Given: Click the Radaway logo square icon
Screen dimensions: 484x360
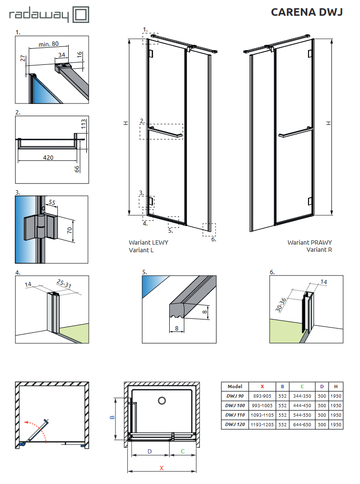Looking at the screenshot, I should (81, 14).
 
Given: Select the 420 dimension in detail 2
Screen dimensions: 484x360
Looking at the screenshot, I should (48, 157).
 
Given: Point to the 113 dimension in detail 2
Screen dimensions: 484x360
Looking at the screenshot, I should (83, 125).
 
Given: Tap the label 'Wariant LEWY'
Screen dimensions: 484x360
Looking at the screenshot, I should (148, 242).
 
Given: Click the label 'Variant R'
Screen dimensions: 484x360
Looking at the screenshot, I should (319, 249).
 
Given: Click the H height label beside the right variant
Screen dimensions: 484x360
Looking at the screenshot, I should (329, 123).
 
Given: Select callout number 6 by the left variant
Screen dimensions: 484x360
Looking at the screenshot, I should (213, 239).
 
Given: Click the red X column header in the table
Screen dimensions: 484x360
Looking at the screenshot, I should (262, 386).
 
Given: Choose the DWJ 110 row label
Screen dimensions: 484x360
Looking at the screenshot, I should (235, 414).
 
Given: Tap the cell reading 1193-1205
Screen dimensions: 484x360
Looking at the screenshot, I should (262, 424).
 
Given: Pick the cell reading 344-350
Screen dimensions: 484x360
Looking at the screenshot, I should (302, 396).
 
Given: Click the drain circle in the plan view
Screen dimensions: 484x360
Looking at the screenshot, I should (162, 401).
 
